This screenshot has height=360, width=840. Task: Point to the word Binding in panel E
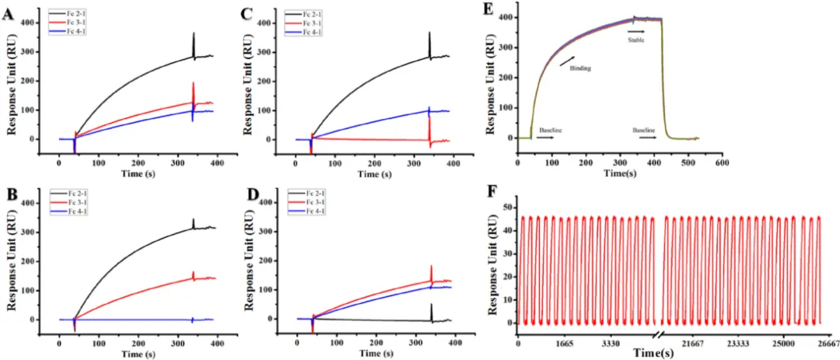(580, 68)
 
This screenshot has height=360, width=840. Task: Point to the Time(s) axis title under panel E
(618, 173)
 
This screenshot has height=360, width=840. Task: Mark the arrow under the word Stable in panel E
(636, 31)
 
